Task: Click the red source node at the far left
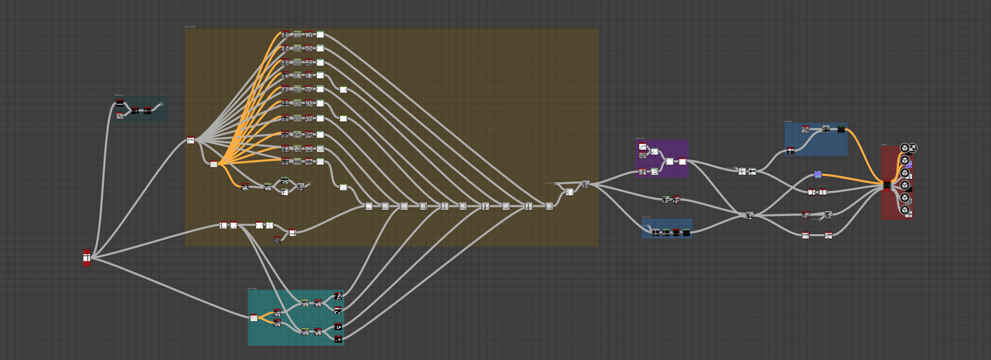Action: [86, 258]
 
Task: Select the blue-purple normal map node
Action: [818, 175]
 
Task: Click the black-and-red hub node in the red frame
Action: [887, 185]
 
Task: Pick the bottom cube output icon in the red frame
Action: [905, 210]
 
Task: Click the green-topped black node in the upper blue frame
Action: [841, 129]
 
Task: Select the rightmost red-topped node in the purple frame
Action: [683, 161]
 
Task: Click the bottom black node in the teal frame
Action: [338, 339]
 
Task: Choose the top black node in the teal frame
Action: [338, 296]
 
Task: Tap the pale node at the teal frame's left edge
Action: [253, 317]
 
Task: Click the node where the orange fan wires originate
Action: [214, 164]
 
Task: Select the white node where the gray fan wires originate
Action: [191, 140]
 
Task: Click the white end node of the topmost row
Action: [320, 35]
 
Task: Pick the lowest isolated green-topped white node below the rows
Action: [344, 187]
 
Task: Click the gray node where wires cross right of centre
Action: [749, 215]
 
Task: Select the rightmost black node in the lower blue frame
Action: [686, 232]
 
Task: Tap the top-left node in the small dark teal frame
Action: [120, 104]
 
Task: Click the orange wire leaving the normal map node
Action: [853, 178]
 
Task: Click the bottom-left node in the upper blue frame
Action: [790, 151]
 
